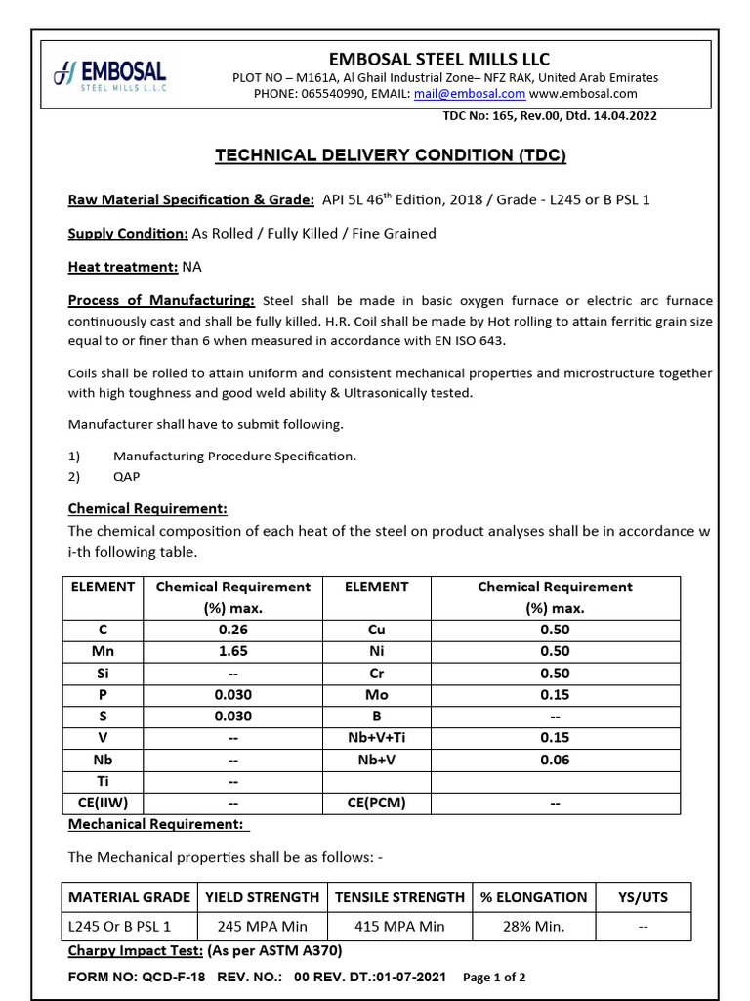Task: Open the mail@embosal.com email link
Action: [x=469, y=94]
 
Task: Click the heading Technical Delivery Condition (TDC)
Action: [x=390, y=155]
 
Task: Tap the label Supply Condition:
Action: [x=128, y=233]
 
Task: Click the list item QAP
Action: [x=126, y=476]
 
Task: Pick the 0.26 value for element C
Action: [x=232, y=630]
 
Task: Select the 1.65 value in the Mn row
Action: [x=232, y=651]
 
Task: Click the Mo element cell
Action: [x=376, y=695]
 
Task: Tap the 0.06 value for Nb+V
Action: [x=555, y=760]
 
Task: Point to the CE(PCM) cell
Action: [x=376, y=804]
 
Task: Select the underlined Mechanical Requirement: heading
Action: [x=156, y=824]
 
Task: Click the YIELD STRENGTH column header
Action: [x=262, y=897]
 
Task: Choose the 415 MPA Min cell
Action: [x=399, y=927]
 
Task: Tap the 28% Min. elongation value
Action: [x=533, y=927]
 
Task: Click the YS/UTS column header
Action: [x=645, y=897]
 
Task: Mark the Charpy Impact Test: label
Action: [x=136, y=951]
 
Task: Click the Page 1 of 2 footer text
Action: [x=494, y=978]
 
